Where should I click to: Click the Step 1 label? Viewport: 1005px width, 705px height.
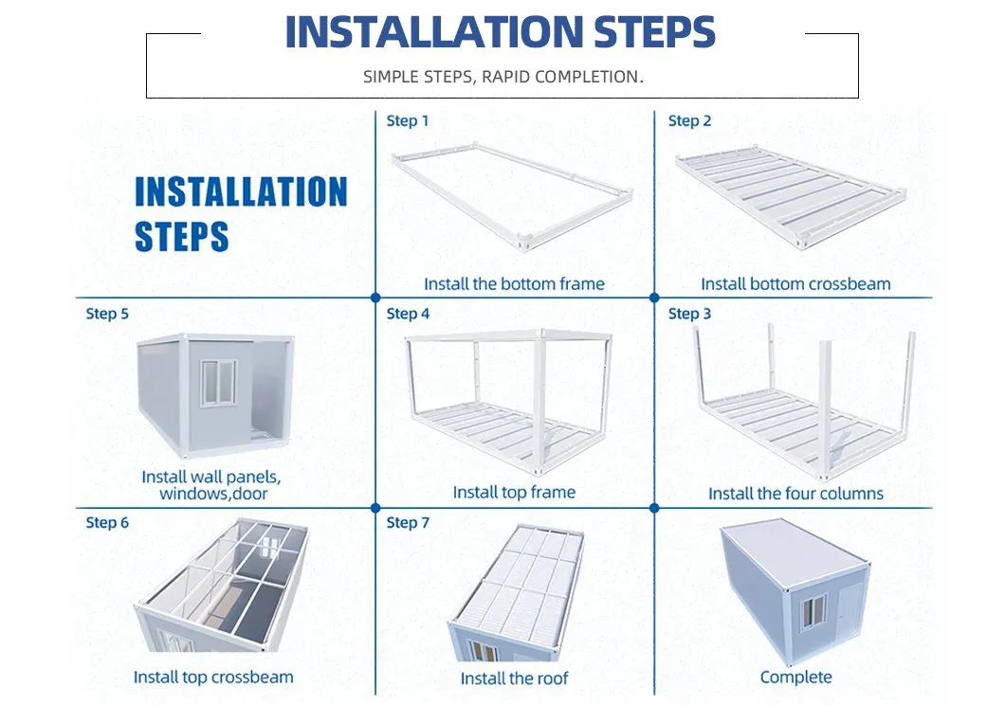[408, 121]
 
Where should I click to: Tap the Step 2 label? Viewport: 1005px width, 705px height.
[689, 121]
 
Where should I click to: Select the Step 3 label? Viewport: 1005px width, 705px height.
[689, 314]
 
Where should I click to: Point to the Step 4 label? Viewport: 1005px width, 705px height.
[408, 314]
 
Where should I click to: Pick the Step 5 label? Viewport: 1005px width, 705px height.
[107, 314]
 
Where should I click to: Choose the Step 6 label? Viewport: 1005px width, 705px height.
[107, 523]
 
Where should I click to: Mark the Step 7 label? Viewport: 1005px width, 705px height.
[408, 523]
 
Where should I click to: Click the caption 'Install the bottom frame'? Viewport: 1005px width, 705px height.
[514, 284]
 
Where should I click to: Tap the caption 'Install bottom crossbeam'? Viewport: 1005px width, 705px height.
[795, 284]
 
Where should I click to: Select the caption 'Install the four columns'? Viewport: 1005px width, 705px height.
[795, 494]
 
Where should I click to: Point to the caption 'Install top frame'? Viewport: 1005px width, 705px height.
[514, 493]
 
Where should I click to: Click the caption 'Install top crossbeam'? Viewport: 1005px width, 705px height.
[213, 678]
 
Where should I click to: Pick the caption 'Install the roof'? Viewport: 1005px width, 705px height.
[514, 678]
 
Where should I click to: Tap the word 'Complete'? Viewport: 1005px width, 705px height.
[795, 678]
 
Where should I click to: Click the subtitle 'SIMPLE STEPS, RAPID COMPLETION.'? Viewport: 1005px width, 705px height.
[502, 77]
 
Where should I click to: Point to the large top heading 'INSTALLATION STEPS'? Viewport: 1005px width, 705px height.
[500, 32]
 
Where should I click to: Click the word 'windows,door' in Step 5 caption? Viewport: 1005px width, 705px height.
[213, 494]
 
